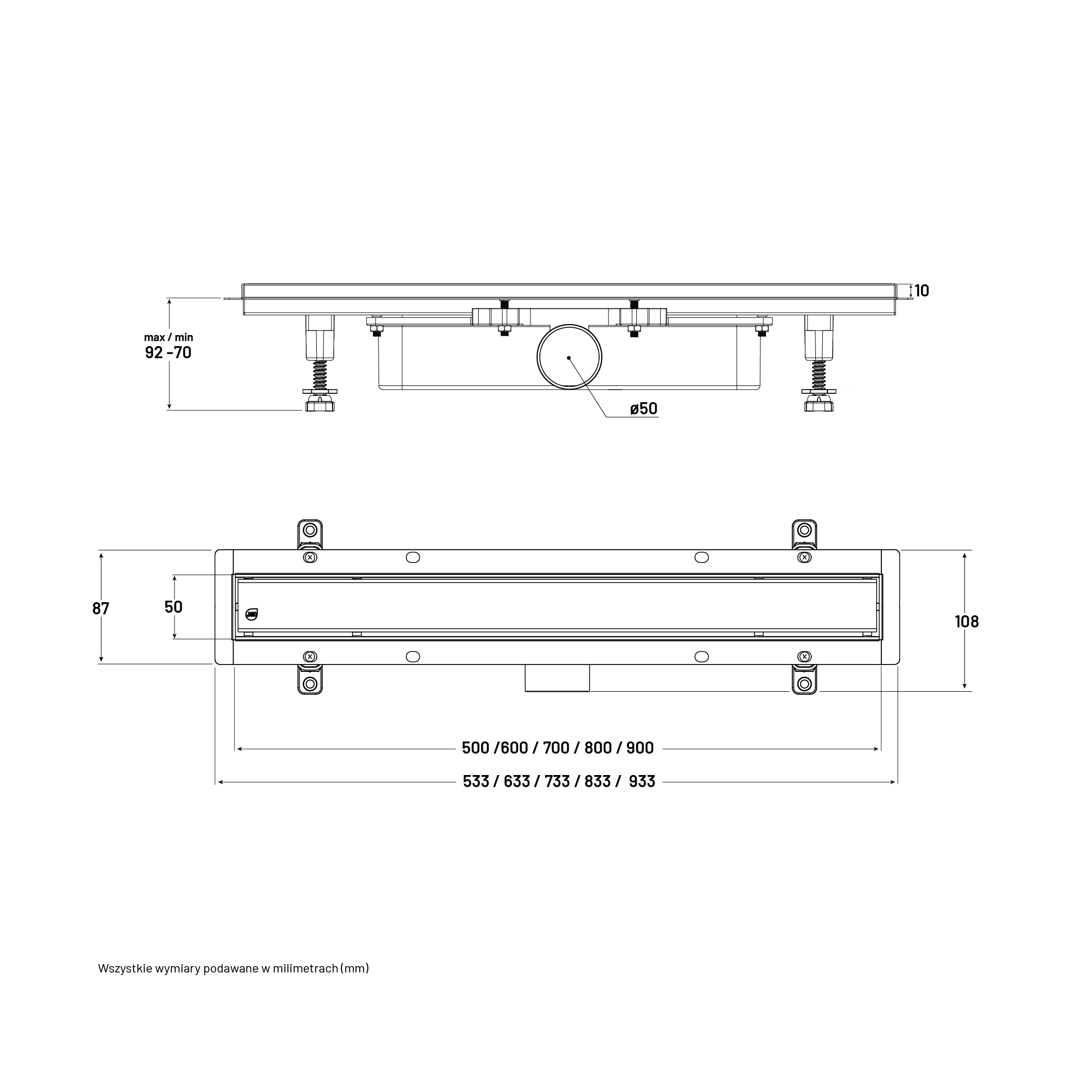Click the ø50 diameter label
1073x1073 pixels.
click(644, 409)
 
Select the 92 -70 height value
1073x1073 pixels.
click(168, 352)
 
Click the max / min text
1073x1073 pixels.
click(168, 337)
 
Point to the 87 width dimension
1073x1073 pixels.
click(101, 609)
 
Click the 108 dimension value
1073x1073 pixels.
click(967, 622)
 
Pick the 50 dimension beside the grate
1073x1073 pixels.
click(173, 607)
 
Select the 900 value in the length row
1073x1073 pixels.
click(640, 748)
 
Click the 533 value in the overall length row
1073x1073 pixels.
click(477, 781)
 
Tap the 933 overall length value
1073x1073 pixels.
click(642, 781)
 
